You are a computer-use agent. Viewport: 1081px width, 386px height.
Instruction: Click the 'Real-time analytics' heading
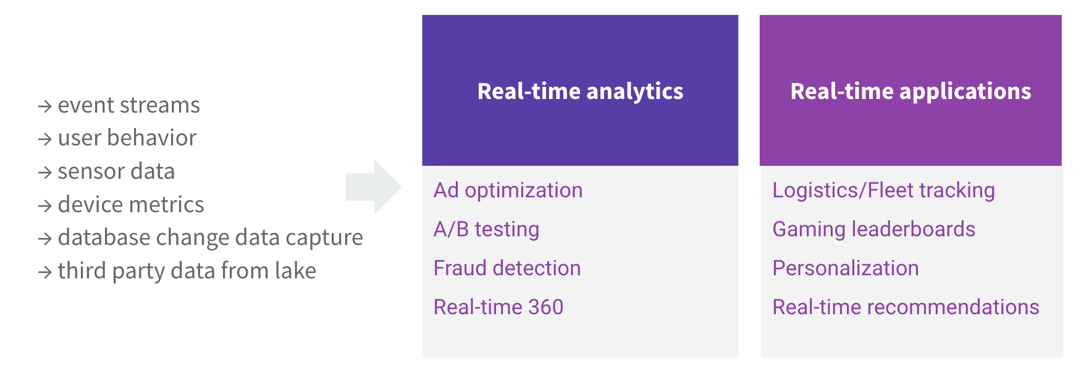[x=580, y=92]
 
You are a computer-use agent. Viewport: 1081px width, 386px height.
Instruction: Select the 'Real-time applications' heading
[x=911, y=92]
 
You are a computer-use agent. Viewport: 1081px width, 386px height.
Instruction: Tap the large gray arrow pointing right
[x=374, y=187]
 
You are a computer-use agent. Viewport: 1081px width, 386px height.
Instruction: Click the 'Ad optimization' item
[x=508, y=191]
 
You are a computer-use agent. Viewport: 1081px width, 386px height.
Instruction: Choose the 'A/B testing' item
[x=486, y=229]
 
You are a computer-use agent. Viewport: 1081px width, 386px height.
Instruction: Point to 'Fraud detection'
[x=507, y=268]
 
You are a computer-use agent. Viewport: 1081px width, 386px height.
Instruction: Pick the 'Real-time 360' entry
[x=498, y=307]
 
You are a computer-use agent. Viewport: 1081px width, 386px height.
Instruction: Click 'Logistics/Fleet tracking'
[x=883, y=191]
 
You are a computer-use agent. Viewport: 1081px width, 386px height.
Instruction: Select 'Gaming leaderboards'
[x=873, y=229]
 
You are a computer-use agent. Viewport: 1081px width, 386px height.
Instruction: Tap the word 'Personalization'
[x=846, y=268]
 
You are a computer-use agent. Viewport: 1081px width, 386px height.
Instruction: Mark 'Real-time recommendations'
[x=906, y=307]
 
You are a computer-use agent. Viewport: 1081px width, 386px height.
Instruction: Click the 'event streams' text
[x=128, y=105]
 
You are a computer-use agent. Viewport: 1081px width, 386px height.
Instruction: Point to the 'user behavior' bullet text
[x=127, y=138]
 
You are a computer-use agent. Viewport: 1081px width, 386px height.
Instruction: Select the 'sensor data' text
[x=116, y=171]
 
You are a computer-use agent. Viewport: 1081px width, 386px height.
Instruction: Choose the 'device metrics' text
[x=131, y=205]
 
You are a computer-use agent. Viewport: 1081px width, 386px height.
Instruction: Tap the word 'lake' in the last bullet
[x=295, y=271]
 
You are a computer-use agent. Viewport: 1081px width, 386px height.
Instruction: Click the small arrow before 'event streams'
[x=44, y=106]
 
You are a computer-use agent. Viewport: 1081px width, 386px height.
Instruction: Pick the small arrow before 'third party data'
[x=44, y=272]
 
